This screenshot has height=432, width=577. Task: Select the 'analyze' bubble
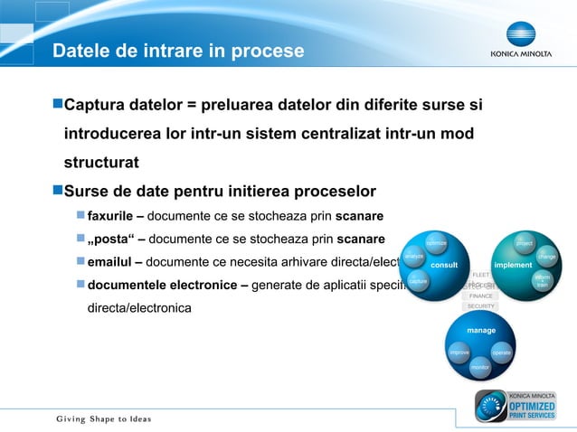tap(414, 258)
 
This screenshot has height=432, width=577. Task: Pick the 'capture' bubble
tap(418, 282)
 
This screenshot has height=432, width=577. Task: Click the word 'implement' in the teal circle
tap(513, 266)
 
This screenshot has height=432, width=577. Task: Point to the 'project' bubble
tap(524, 243)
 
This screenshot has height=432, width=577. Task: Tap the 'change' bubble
tap(546, 258)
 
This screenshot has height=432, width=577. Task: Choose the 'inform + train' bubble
tap(542, 281)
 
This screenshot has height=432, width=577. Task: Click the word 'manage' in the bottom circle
tap(480, 331)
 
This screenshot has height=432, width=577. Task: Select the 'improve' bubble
tap(459, 352)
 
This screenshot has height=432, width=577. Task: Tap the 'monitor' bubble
tap(480, 368)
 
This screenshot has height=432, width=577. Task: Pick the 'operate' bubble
tap(502, 352)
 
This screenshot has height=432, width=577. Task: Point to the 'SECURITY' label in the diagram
tap(480, 306)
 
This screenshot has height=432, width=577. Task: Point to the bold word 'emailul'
tap(109, 262)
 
